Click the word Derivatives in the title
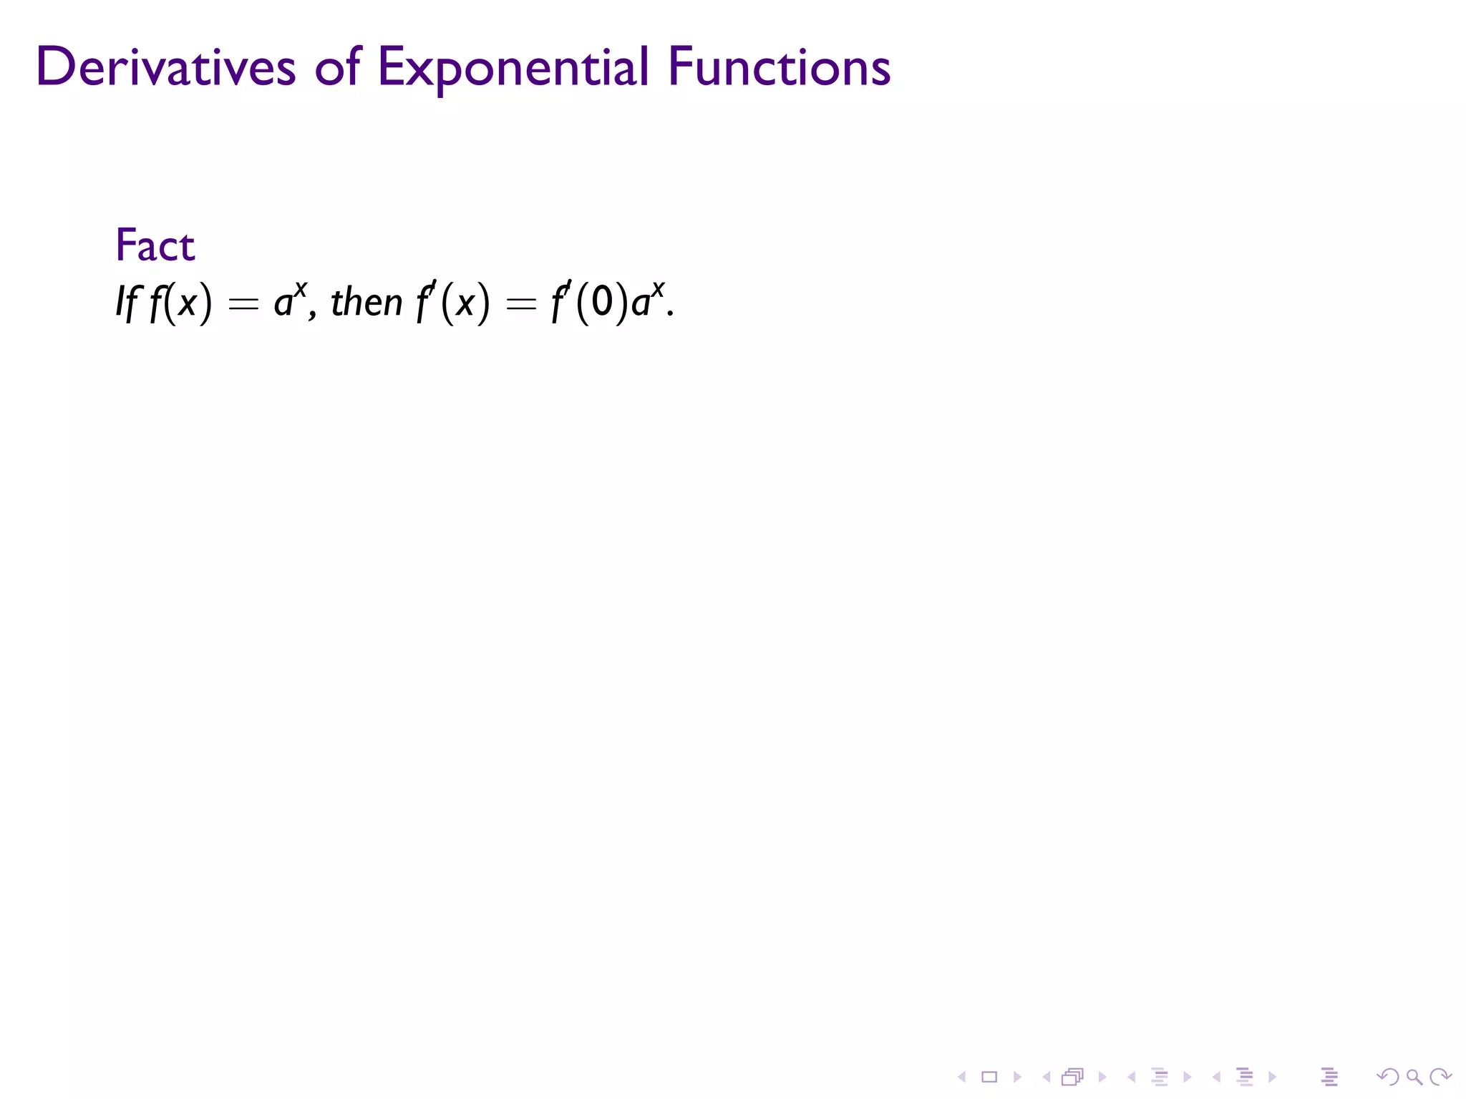165,67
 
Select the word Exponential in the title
513,69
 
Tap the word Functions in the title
779,67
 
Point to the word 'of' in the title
337,67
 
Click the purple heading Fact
155,245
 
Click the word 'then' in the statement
366,302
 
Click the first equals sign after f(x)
243,305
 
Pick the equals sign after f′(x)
520,305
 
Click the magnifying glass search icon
1414,1077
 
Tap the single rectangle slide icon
989,1077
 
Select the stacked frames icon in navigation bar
1073,1077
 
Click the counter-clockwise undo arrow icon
1387,1077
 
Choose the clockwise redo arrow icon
1440,1077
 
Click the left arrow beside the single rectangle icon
962,1077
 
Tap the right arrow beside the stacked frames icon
1102,1077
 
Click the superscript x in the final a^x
658,288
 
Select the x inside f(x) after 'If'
187,303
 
